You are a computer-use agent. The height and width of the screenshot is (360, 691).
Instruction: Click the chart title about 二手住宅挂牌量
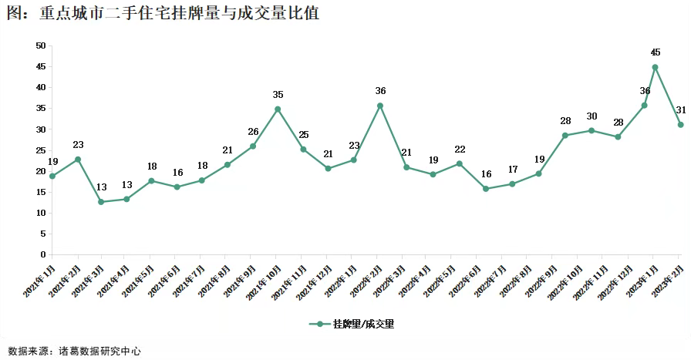(x=161, y=13)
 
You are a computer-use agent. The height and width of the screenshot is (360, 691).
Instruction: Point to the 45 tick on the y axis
(x=41, y=66)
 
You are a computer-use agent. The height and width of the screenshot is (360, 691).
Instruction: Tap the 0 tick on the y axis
(x=43, y=254)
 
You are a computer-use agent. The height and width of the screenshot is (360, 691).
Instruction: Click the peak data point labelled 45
(x=655, y=67)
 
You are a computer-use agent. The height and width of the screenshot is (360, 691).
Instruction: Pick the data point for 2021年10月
(x=278, y=109)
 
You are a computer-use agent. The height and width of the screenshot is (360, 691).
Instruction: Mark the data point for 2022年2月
(x=379, y=106)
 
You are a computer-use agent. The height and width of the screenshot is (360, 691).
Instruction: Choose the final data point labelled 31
(x=680, y=125)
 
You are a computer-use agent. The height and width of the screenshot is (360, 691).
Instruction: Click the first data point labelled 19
(x=52, y=176)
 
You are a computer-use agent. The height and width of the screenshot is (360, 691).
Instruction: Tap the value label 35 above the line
(x=278, y=95)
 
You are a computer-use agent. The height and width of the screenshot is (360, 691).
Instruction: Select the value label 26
(x=253, y=132)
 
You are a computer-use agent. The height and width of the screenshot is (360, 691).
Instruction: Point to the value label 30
(x=592, y=116)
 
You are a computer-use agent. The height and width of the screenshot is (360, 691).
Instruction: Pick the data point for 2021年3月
(x=101, y=202)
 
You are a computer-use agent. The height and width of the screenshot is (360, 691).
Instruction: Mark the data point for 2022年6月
(x=485, y=189)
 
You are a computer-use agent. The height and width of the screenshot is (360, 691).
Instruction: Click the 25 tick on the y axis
(x=41, y=150)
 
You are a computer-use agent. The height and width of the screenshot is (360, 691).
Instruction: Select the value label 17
(x=512, y=170)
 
